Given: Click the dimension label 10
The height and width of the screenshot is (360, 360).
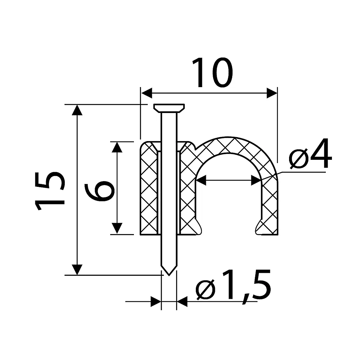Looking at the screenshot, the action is (x=212, y=72).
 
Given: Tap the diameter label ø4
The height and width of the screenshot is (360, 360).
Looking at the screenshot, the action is (x=310, y=153).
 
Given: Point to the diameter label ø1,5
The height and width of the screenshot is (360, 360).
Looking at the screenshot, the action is (x=233, y=285).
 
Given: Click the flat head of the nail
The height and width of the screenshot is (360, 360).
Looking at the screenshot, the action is (x=169, y=108).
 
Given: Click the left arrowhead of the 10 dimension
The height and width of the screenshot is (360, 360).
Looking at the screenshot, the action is (x=147, y=93).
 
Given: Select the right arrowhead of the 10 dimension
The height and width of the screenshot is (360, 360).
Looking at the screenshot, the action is (x=272, y=93).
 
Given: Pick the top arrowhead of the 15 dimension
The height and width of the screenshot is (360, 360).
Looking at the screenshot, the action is (x=77, y=110).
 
